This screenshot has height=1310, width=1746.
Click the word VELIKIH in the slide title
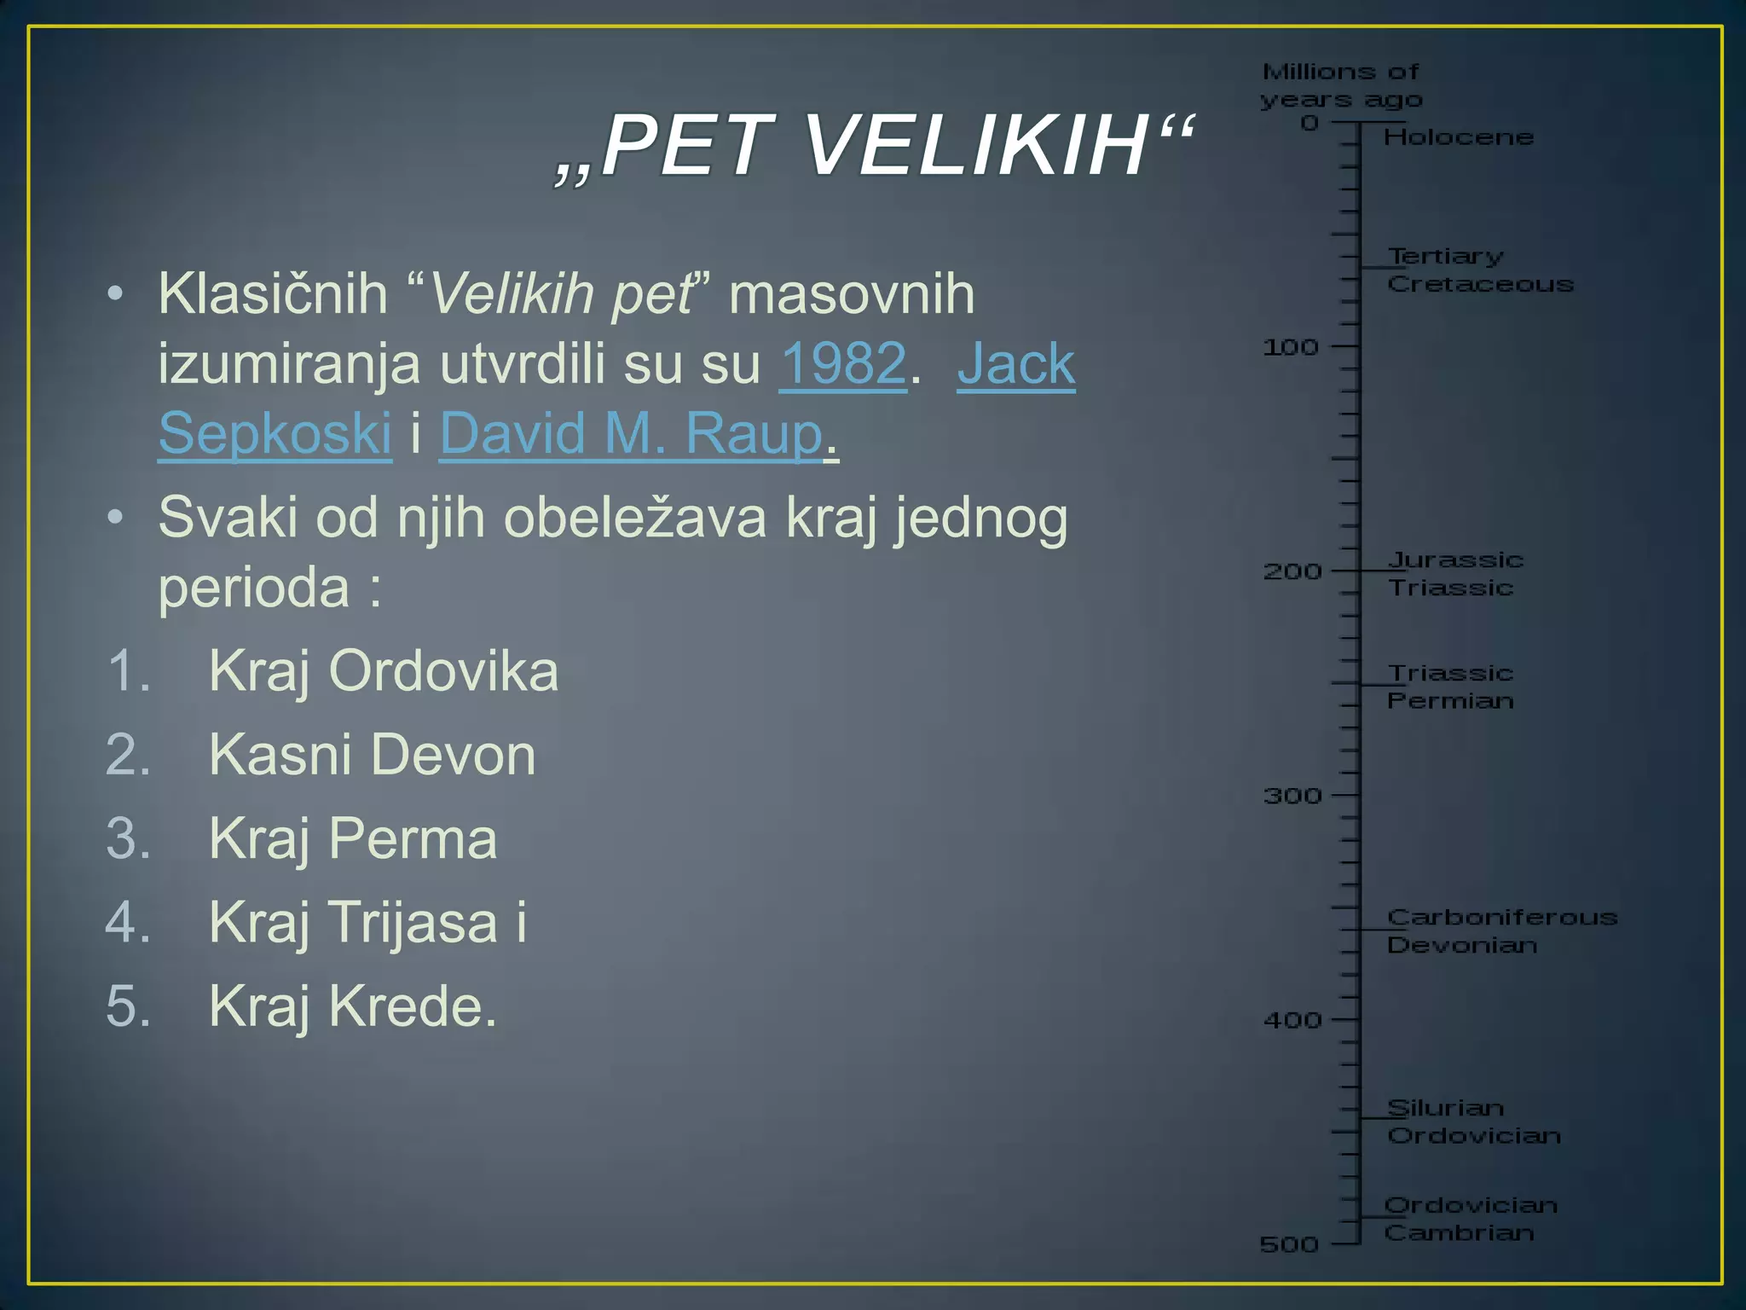click(977, 147)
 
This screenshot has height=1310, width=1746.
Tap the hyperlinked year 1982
click(842, 363)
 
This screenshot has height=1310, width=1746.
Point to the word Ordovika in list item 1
click(443, 671)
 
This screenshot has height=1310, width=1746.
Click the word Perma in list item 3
click(413, 839)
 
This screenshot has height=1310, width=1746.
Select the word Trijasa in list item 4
click(413, 923)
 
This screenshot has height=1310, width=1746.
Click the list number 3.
click(128, 839)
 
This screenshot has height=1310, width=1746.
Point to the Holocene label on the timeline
click(1459, 137)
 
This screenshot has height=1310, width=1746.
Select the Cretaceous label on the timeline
click(1480, 285)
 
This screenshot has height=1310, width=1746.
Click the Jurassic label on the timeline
click(1455, 560)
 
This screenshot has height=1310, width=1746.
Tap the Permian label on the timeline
click(1450, 701)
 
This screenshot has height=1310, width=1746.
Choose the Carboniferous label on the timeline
click(1502, 918)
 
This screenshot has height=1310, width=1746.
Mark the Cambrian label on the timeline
click(1459, 1233)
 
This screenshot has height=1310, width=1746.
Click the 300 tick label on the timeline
click(1292, 797)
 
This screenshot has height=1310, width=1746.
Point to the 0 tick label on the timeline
click(1309, 124)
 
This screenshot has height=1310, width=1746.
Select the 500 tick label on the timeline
click(1289, 1245)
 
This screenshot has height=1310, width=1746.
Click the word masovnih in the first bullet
click(852, 294)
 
